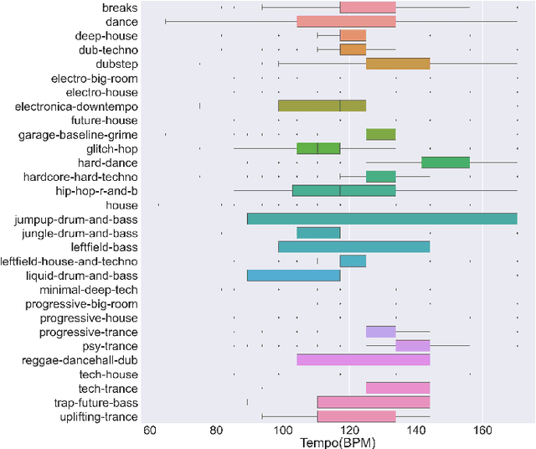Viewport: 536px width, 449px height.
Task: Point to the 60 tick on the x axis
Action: pos(150,429)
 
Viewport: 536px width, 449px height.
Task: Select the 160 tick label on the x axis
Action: pos(482,429)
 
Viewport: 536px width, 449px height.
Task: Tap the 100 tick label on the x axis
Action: pos(283,429)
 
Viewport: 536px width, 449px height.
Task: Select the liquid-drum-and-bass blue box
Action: pos(293,276)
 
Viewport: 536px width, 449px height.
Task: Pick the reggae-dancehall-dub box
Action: pos(363,360)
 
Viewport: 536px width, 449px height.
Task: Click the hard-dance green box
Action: pos(445,163)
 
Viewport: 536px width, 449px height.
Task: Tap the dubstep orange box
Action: pos(398,64)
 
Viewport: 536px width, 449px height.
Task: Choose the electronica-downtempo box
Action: pos(322,106)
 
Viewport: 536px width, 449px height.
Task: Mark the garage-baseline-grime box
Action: pos(380,134)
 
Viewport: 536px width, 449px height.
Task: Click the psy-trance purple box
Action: pos(412,346)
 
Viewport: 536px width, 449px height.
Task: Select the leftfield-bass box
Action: pos(353,247)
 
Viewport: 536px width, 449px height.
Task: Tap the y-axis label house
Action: pos(121,204)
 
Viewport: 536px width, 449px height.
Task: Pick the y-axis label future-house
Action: pos(107,120)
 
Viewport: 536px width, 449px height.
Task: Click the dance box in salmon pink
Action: pos(346,22)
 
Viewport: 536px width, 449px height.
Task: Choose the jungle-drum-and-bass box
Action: pos(318,233)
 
